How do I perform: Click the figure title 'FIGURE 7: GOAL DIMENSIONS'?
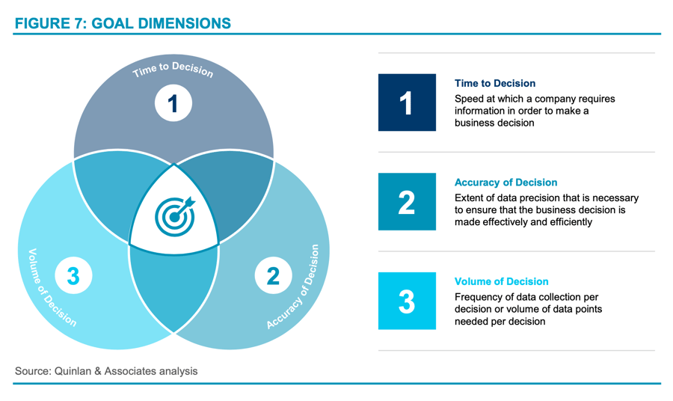click(x=123, y=23)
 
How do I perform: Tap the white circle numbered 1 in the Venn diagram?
click(x=173, y=103)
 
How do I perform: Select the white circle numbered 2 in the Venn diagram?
click(x=273, y=276)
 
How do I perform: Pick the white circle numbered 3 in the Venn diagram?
click(x=73, y=276)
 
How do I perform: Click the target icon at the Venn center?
click(x=174, y=216)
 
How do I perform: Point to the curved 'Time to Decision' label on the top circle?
click(x=173, y=70)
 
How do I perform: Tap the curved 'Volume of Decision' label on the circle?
click(x=51, y=288)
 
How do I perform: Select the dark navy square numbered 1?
click(x=407, y=102)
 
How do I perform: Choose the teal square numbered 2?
click(x=407, y=202)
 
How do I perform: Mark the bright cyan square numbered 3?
click(x=407, y=301)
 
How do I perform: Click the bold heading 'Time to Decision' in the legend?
click(x=495, y=84)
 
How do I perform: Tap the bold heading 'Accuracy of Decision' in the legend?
click(x=505, y=183)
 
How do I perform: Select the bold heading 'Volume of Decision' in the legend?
click(x=501, y=282)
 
